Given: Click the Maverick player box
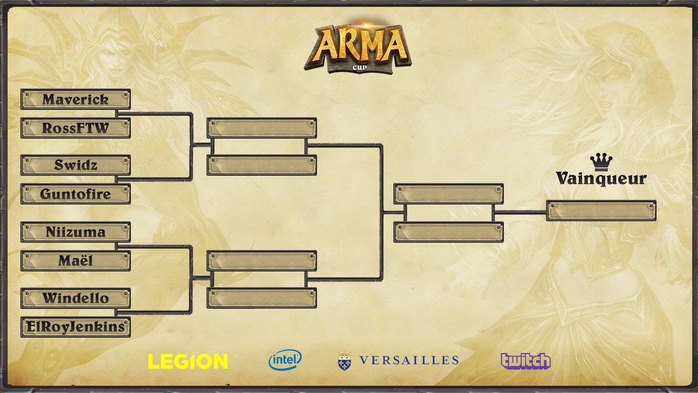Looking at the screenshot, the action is tap(76, 100).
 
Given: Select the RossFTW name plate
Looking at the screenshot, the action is tap(76, 128).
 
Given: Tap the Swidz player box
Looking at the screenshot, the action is tap(76, 165).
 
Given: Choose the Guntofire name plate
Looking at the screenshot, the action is tap(76, 194).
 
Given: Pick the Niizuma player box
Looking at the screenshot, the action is tap(76, 232).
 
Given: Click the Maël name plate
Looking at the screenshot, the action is tap(76, 260).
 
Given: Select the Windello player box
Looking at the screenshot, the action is tap(76, 298).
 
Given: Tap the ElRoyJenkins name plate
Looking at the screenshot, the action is tap(76, 327).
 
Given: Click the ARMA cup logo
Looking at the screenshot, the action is tap(357, 48).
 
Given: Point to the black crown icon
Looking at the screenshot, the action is tap(601, 162).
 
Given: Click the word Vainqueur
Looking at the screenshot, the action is tap(601, 178).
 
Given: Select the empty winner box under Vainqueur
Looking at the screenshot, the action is tap(601, 211).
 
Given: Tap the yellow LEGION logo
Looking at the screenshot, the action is tap(188, 362).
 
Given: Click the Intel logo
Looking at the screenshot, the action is tap(285, 360).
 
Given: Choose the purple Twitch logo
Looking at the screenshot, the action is tap(525, 360).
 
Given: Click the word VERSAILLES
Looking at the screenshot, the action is tap(409, 360).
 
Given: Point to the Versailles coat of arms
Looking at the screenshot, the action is tap(344, 361).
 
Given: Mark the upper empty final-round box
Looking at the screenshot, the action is tap(448, 194).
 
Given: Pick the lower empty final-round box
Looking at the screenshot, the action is tap(448, 232).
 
